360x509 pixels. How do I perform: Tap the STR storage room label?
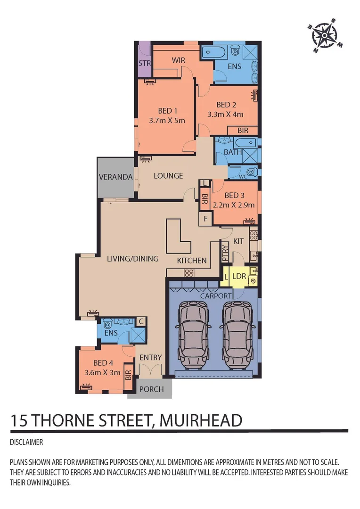pyautogui.click(x=144, y=63)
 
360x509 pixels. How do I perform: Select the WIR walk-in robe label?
pyautogui.click(x=178, y=60)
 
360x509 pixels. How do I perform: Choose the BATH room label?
pyautogui.click(x=233, y=152)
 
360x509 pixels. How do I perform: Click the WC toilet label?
pyautogui.click(x=243, y=176)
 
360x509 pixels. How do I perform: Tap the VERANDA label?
pyautogui.click(x=115, y=177)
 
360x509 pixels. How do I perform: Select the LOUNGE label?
pyautogui.click(x=168, y=176)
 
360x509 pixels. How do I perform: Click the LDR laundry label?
pyautogui.click(x=239, y=276)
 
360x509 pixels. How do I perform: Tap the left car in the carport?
pyautogui.click(x=193, y=329)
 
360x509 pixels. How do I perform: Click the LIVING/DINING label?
pyautogui.click(x=132, y=258)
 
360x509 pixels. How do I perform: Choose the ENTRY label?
pyautogui.click(x=151, y=358)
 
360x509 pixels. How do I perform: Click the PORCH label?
pyautogui.click(x=152, y=389)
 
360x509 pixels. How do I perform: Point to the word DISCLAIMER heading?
pyautogui.click(x=26, y=443)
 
